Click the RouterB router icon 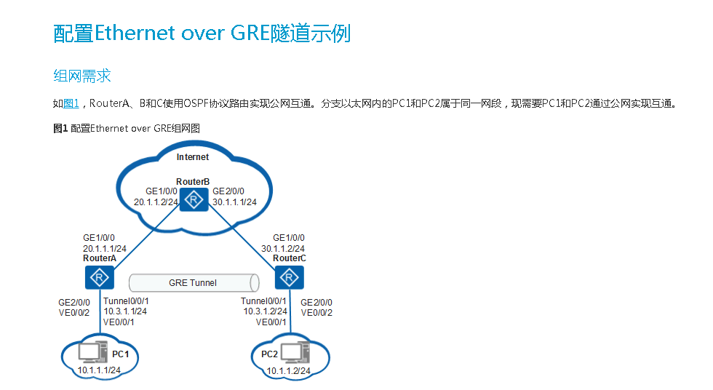(x=194, y=199)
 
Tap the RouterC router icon (x=290, y=277)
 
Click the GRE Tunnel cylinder (x=194, y=282)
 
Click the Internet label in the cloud (x=193, y=157)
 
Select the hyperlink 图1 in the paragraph (x=71, y=104)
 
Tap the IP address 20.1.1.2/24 (x=156, y=202)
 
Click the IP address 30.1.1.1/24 (x=234, y=202)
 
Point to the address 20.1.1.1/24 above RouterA (x=105, y=248)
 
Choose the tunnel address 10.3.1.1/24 (x=125, y=311)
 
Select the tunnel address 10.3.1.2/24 (x=264, y=311)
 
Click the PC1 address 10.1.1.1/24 (x=99, y=370)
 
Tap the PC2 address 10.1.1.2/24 (x=289, y=371)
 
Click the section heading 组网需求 (x=81, y=76)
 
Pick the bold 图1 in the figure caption (x=60, y=129)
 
